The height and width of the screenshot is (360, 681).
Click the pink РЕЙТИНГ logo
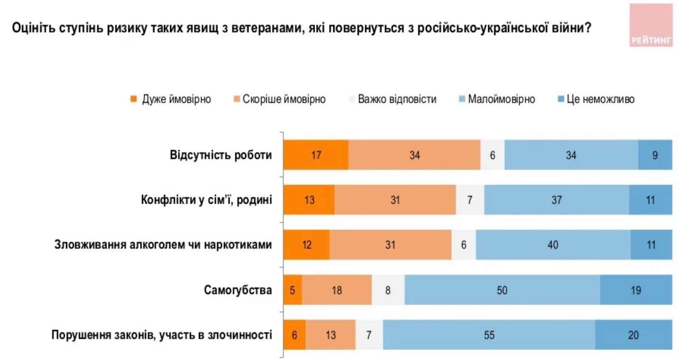click(x=651, y=26)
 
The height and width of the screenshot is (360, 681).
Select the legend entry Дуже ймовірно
click(x=171, y=99)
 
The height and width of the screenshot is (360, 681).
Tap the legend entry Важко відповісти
click(x=392, y=99)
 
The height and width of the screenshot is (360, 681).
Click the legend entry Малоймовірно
click(x=497, y=99)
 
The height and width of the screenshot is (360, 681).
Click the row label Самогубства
click(x=237, y=290)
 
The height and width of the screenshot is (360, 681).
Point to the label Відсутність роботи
click(x=220, y=155)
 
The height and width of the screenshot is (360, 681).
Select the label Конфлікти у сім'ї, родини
click(x=206, y=200)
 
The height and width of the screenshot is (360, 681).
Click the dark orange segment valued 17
click(x=316, y=155)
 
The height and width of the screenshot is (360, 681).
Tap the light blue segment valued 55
click(x=489, y=335)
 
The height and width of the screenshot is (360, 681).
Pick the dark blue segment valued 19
click(x=636, y=290)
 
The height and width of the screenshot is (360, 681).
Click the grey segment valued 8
click(x=388, y=290)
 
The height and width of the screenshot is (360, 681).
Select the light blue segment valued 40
click(x=552, y=245)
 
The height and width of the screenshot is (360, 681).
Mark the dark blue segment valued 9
click(x=655, y=155)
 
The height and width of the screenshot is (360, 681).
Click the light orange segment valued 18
click(x=337, y=290)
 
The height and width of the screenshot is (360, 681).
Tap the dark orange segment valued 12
click(x=306, y=245)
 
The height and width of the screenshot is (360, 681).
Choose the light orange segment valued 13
click(x=331, y=335)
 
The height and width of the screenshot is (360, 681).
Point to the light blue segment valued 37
click(x=556, y=200)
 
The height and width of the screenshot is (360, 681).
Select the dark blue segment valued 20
click(x=633, y=335)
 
